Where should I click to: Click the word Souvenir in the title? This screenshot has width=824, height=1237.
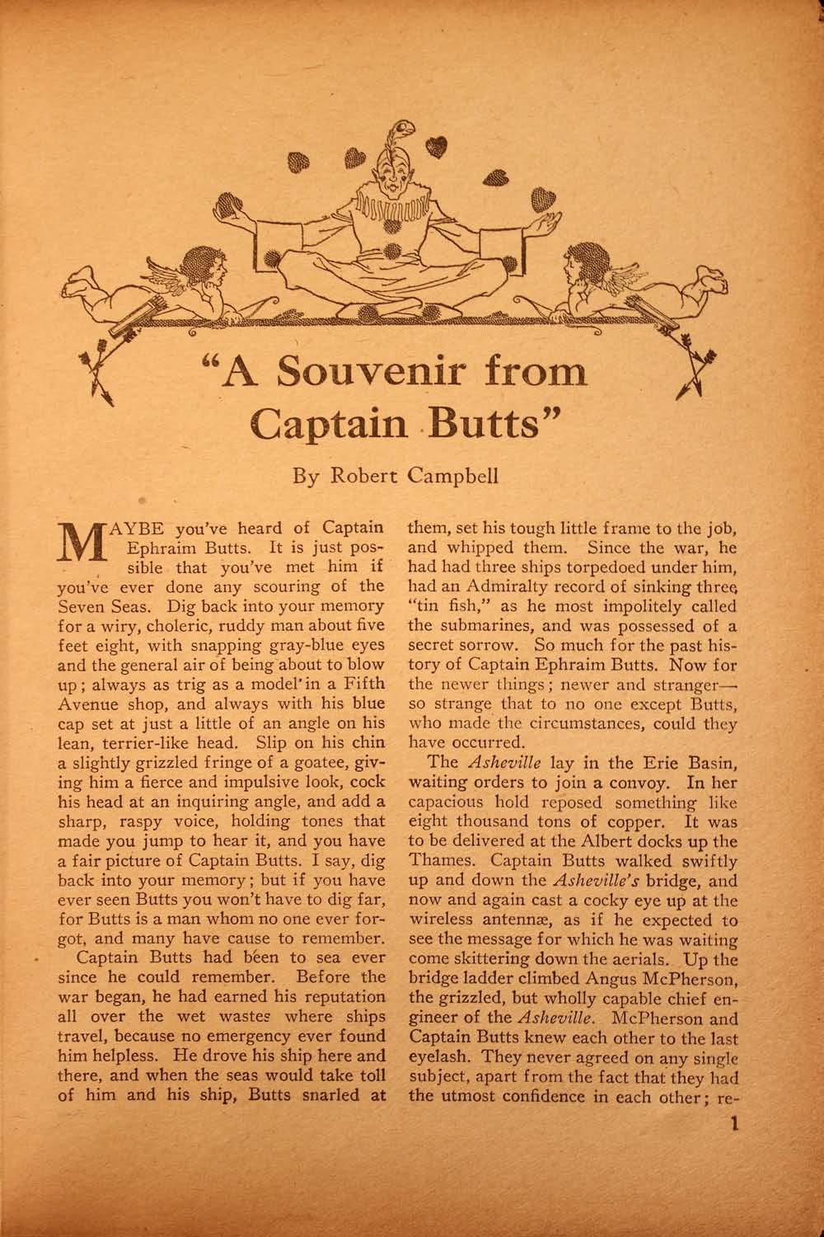click(x=363, y=374)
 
